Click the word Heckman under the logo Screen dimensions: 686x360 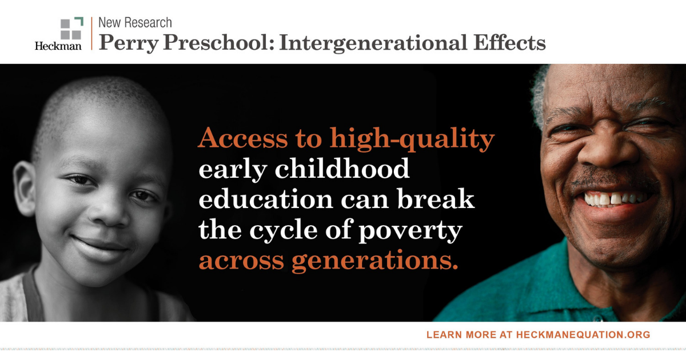point(58,46)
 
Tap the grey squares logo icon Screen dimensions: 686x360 point(71,28)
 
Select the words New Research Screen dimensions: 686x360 point(135,23)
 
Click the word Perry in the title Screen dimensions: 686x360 point(129,43)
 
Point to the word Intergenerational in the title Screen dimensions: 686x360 point(373,43)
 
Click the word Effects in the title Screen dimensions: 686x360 point(509,42)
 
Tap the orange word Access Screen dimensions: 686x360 point(243,138)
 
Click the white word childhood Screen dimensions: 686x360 point(342,169)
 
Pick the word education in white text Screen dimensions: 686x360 point(266,199)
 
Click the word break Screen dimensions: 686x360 point(436,199)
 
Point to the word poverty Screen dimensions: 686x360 point(410,231)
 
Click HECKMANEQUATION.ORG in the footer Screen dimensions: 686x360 point(583,335)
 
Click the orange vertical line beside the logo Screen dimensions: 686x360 point(91,33)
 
